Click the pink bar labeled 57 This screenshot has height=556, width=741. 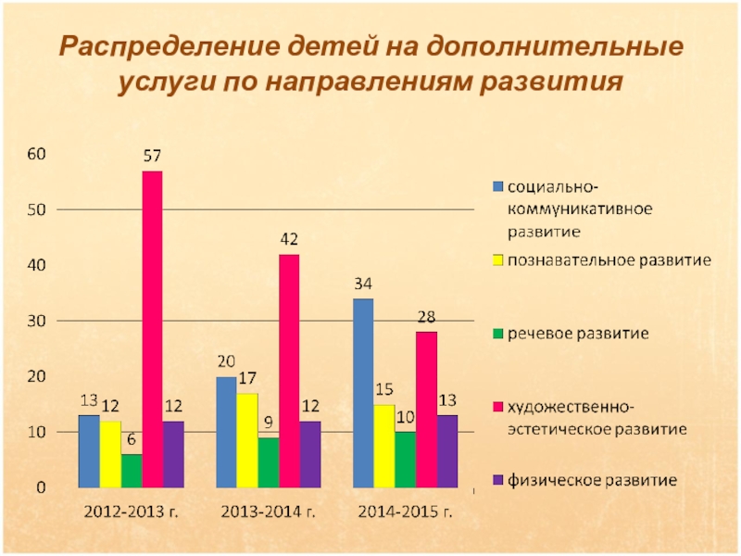(x=152, y=329)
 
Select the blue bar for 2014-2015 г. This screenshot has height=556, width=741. (x=363, y=393)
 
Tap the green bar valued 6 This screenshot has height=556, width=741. (x=132, y=471)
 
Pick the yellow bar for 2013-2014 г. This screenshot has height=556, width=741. (x=246, y=440)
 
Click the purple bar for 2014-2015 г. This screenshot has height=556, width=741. (x=447, y=450)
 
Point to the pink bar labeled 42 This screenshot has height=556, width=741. (x=289, y=371)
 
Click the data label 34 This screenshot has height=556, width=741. (x=363, y=284)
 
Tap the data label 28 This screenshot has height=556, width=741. (x=426, y=317)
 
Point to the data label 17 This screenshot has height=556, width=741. (x=246, y=378)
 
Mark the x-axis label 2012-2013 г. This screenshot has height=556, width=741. (x=129, y=512)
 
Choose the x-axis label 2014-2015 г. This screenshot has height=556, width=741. (x=406, y=512)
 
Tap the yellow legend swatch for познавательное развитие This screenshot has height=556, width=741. (x=497, y=260)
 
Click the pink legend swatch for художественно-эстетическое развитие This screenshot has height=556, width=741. (x=497, y=408)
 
